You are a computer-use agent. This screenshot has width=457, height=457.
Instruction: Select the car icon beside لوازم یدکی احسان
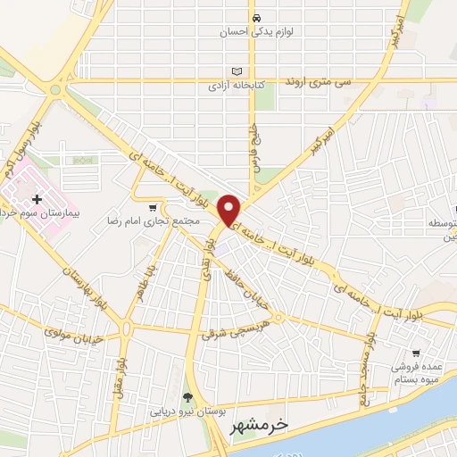tap(256, 18)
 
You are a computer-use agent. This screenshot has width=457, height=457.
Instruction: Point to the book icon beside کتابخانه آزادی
tap(236, 71)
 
